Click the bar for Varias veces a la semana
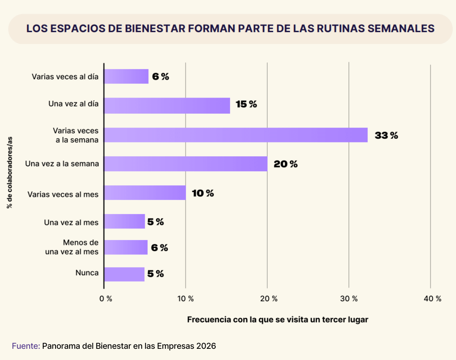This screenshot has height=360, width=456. pos(236,135)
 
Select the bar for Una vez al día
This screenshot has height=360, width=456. pos(167,106)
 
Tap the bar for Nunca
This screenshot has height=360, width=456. pos(124,274)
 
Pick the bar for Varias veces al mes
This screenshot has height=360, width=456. pos(145,193)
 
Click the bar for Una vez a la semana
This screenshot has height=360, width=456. pos(186,164)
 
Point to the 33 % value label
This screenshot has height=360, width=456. pos(386,135)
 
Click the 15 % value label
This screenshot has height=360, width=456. pos(246,104)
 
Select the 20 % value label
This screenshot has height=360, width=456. pos(286,164)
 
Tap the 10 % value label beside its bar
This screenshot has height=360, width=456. pos(203,194)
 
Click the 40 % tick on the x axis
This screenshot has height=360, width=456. pos(432,299)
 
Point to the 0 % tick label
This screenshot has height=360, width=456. pos(106,299)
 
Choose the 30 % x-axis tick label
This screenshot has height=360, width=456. pos(350,299)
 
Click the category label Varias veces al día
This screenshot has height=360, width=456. pos(65,76)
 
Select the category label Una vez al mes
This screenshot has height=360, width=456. pos(71,222)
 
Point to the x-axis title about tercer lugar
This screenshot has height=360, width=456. pos(278,320)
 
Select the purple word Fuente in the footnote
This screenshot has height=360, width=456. pos(26,346)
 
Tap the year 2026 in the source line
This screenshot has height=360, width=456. pos(206,346)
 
